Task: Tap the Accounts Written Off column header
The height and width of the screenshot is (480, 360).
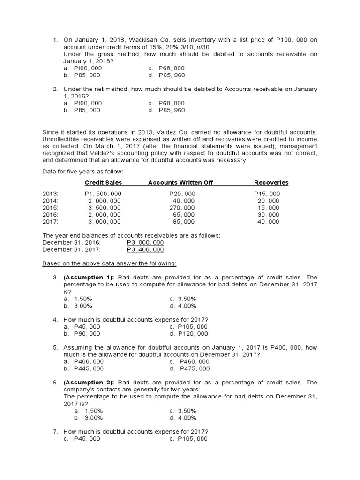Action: coord(180,183)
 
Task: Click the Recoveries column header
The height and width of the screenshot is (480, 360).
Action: coord(271,183)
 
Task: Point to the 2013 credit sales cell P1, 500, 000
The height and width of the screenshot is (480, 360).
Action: coord(103,194)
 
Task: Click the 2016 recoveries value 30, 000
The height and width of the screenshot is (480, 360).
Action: coord(268,215)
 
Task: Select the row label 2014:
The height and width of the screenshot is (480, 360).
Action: coord(50,201)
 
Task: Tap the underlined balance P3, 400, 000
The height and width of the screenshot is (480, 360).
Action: coord(145,249)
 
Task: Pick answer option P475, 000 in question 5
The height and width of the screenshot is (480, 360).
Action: coord(194,369)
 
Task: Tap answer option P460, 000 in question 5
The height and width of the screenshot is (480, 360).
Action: coord(194,362)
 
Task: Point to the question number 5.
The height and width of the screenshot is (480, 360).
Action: coord(55,348)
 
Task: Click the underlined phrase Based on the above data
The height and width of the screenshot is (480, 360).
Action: coord(87,263)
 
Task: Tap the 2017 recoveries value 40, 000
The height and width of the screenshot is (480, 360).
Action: coord(268,222)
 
